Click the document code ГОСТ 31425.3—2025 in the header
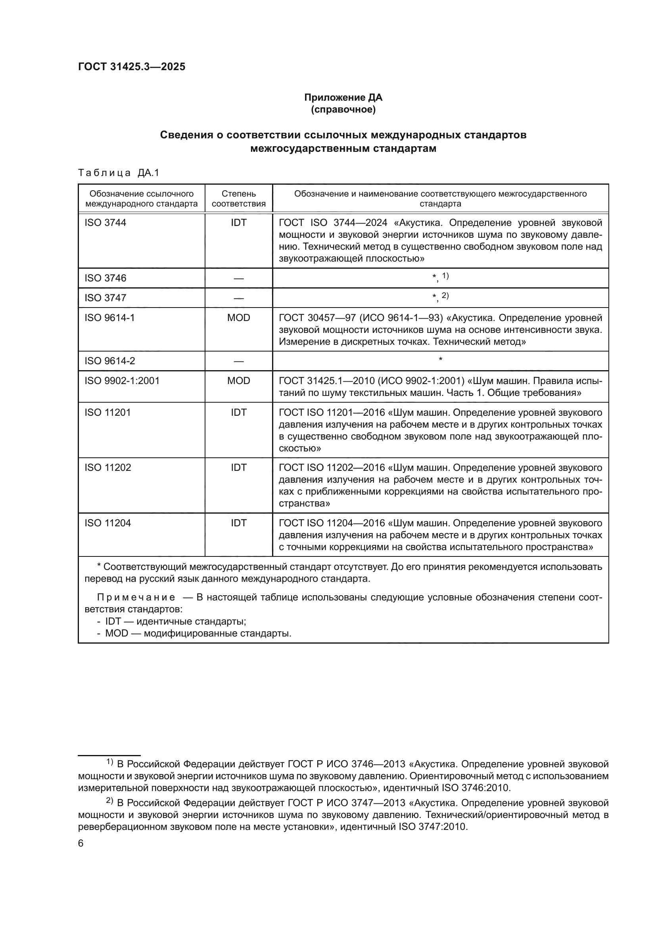132,67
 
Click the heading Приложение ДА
343,97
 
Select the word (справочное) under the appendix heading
343,109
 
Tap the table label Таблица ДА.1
119,173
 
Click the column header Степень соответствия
238,198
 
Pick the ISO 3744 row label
105,222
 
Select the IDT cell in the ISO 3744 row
238,222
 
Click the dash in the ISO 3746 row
238,278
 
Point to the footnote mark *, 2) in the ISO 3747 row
440,297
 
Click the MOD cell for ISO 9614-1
238,318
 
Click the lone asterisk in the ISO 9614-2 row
440,359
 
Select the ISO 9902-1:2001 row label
122,381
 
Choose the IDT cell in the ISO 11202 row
238,468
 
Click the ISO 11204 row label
107,523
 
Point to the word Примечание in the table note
136,597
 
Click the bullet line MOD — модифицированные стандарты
194,633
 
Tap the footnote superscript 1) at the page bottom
109,761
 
